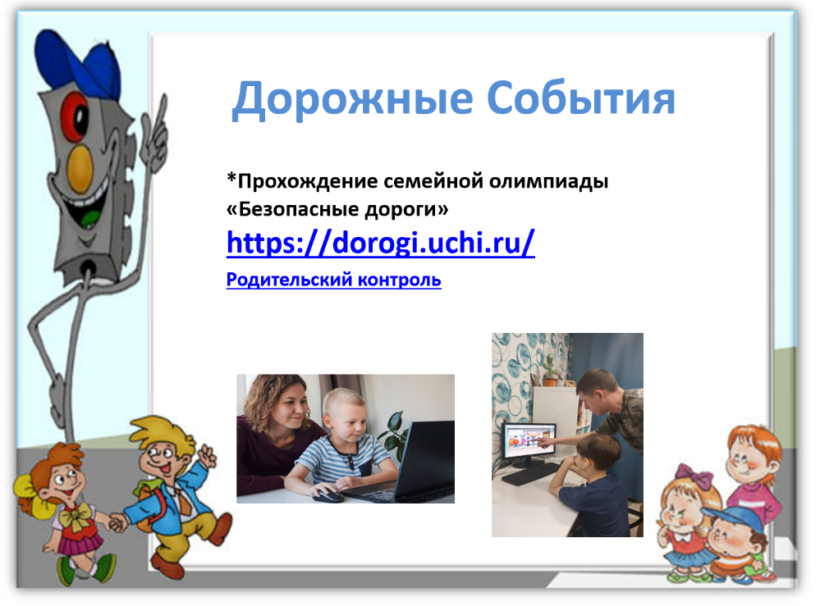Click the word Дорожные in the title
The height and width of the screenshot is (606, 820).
tap(352, 98)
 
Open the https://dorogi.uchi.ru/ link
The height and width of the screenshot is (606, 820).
tap(381, 243)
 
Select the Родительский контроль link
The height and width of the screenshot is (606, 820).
tap(333, 280)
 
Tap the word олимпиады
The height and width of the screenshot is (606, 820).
tap(548, 180)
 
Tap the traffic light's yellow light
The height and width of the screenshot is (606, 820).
tap(80, 168)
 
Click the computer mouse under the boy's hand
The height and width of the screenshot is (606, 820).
tap(328, 494)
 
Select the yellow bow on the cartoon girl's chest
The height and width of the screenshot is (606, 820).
tap(74, 518)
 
